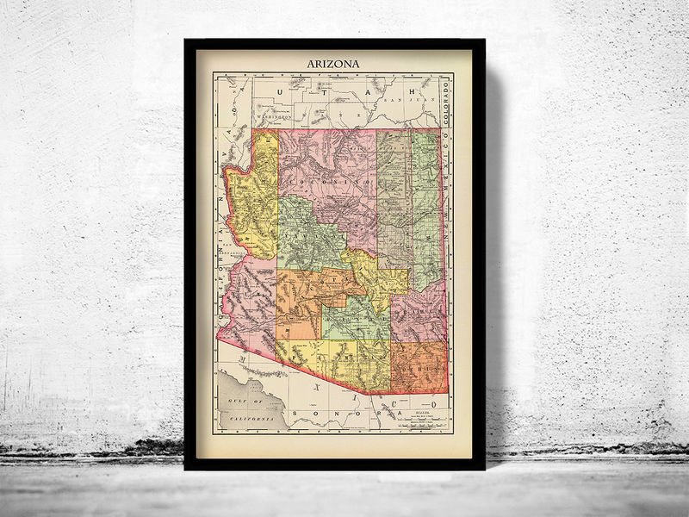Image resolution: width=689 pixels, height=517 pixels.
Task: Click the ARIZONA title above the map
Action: click(x=334, y=63)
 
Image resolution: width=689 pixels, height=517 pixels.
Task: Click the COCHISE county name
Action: click(x=420, y=368)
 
